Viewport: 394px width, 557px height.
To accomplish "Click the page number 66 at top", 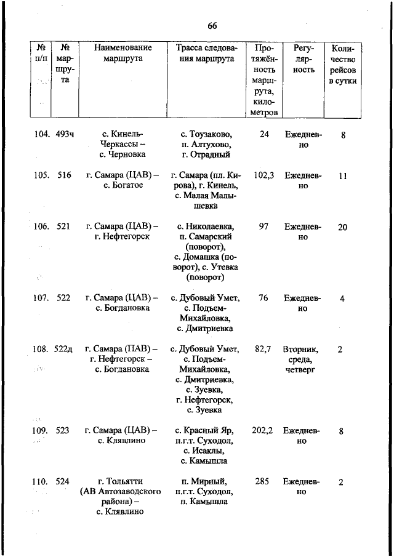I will [x=212, y=25].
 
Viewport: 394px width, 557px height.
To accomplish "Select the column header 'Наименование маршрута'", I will [x=123, y=53].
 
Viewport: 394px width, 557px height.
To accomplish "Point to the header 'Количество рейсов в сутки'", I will [x=343, y=64].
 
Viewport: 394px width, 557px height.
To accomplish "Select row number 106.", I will [x=42, y=226].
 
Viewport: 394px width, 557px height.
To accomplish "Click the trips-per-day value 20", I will [x=342, y=227].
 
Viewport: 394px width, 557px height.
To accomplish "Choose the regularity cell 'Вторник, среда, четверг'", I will [x=300, y=359].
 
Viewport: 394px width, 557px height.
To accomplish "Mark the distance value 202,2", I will [x=263, y=431].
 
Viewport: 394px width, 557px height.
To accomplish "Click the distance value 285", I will [x=262, y=481].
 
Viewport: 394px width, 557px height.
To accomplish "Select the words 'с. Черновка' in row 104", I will [x=123, y=154].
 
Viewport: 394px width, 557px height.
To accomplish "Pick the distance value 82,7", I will [x=263, y=349].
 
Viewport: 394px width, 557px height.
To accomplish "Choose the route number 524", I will [x=63, y=482].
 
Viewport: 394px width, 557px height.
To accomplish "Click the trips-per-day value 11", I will [x=342, y=175].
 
